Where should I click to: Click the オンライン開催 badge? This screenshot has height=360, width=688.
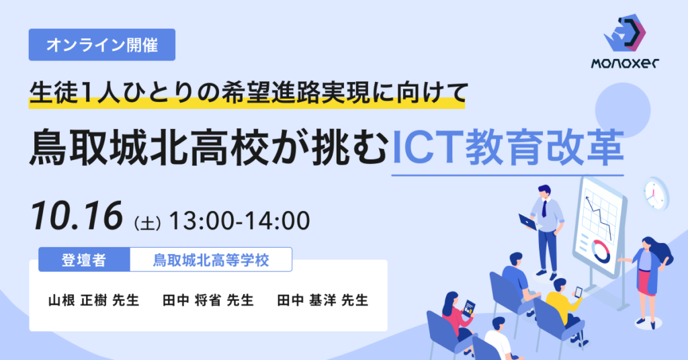(102, 45)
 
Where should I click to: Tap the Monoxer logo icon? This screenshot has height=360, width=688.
(625, 33)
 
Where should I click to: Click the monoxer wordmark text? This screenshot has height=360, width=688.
(625, 64)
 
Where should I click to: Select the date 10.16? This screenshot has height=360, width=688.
(77, 216)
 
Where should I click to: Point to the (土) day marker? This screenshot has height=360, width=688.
(147, 223)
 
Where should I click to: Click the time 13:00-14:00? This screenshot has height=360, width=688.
(240, 220)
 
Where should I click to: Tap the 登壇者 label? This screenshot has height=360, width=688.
(84, 260)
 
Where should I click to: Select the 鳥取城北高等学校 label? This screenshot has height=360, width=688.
(210, 260)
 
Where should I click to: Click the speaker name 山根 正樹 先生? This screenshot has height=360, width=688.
(94, 300)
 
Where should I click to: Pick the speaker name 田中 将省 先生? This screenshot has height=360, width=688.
(208, 300)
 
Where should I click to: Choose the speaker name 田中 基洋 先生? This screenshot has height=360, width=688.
(323, 300)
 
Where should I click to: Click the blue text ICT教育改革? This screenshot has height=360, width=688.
(507, 148)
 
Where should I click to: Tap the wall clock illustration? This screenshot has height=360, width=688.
(656, 194)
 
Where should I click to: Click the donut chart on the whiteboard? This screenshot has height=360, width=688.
(600, 251)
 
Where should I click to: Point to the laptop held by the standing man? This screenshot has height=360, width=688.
(527, 222)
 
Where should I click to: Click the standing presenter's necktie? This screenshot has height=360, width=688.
(544, 208)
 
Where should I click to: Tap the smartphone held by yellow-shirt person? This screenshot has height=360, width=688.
(578, 291)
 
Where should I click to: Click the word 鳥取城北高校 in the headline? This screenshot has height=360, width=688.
(147, 148)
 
